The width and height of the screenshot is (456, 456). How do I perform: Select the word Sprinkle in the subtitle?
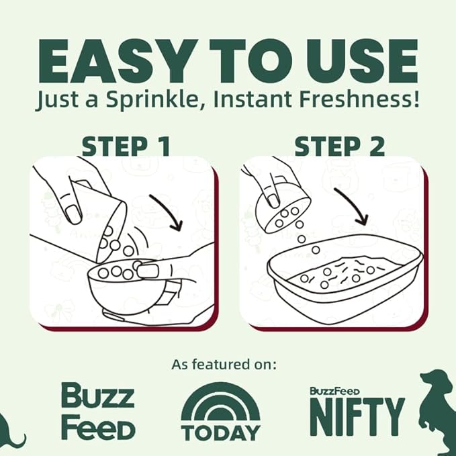[x=155, y=100]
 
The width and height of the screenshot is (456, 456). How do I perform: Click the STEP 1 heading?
[x=126, y=146]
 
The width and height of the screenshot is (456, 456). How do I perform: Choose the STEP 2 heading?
[x=340, y=146]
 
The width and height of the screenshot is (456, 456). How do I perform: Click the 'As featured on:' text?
[x=224, y=364]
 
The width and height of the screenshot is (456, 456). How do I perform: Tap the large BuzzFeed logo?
[x=98, y=411]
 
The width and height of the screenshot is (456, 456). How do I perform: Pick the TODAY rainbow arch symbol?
[x=220, y=403]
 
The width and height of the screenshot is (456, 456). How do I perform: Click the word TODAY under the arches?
[x=221, y=432]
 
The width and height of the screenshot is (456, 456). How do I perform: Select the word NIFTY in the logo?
[x=357, y=416]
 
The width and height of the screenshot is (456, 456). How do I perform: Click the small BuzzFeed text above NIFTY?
[x=334, y=391]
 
